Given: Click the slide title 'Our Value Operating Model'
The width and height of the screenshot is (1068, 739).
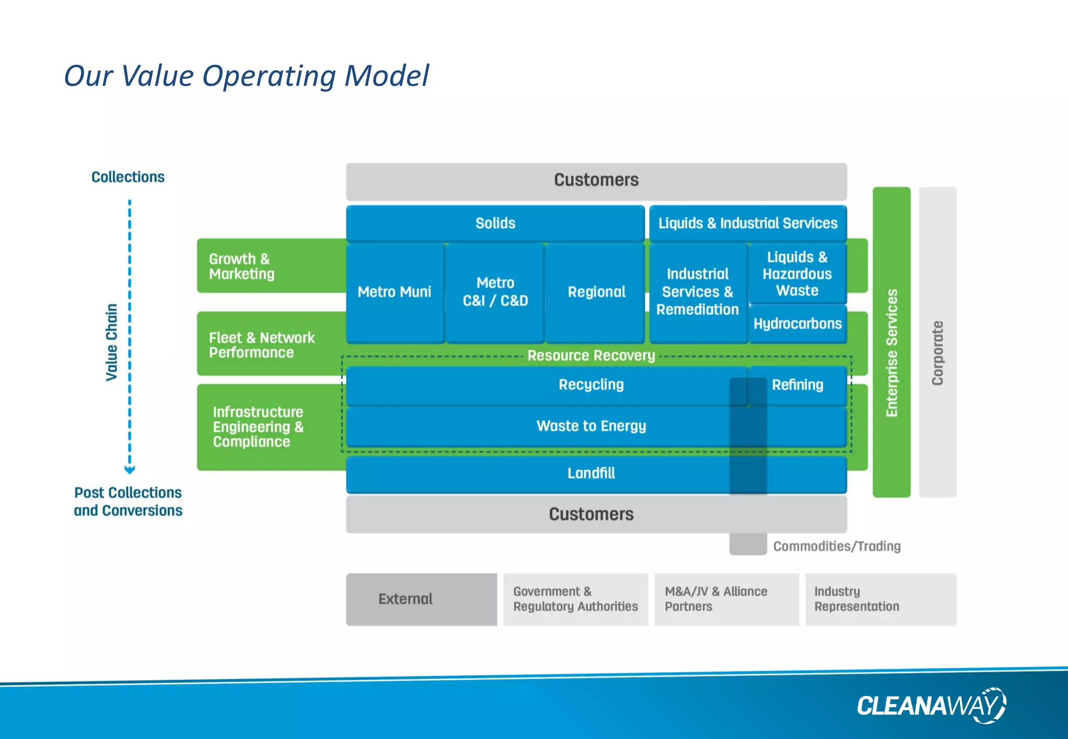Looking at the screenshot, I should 246,76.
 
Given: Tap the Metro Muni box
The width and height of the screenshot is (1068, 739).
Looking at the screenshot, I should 395,292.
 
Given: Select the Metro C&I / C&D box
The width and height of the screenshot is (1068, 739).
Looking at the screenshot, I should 495,292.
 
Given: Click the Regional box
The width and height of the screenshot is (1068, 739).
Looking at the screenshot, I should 596,292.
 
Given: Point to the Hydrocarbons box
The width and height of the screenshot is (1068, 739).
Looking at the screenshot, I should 797,324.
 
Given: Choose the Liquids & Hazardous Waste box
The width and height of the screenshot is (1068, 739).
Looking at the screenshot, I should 797,274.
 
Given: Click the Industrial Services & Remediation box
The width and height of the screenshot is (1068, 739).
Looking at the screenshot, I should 697,292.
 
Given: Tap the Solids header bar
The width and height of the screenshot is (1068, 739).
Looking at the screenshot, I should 495,224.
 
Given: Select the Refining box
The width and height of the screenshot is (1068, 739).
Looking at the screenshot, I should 797,385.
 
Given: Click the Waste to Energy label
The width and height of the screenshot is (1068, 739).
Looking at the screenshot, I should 591,426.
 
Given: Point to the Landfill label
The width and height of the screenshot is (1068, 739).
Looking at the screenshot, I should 591,473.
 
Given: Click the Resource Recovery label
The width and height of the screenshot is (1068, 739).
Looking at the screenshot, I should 591,355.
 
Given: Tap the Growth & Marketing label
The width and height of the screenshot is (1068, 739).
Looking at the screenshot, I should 241,266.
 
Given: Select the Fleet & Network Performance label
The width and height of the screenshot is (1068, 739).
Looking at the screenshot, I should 261,345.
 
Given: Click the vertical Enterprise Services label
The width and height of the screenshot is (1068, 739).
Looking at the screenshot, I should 892,353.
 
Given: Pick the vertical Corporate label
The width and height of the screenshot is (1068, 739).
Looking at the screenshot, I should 938,353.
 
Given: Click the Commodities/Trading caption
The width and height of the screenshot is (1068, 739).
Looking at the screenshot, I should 836,546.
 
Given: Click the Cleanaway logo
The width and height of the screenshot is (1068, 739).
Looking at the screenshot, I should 931,706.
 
